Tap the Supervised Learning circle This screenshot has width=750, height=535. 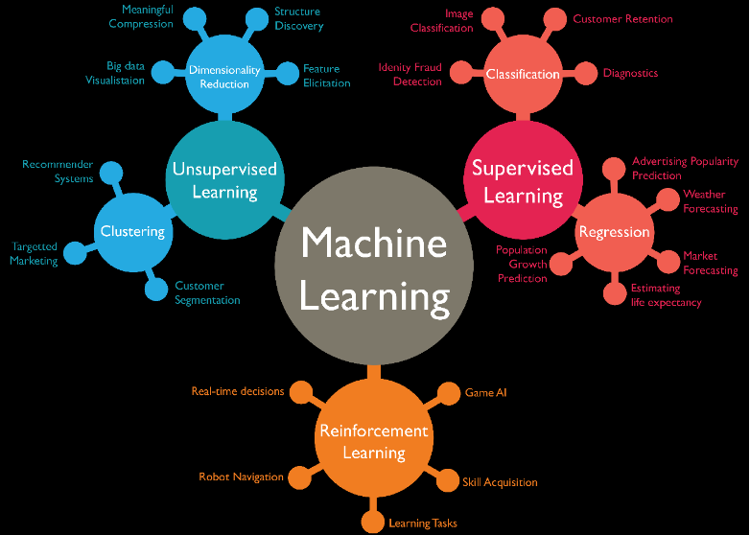point(523,181)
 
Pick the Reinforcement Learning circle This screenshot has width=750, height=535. point(374,442)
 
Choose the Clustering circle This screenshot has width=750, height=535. point(132,231)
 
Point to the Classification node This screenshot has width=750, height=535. point(523,74)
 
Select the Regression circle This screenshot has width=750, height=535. point(614,232)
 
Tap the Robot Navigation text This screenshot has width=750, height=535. point(241,477)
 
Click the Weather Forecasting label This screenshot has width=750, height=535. point(710,201)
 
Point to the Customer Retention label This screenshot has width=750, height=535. point(622,19)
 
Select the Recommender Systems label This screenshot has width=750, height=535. point(59,172)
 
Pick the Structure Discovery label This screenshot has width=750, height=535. point(298,19)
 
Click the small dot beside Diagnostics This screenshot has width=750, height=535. point(583,74)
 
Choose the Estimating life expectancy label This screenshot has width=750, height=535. point(666,295)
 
